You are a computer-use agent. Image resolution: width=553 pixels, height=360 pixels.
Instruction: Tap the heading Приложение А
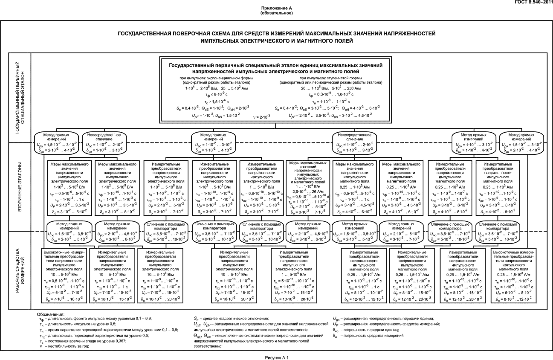(x=276, y=9)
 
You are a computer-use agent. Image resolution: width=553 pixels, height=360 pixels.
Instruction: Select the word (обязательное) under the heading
(x=276, y=13)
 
